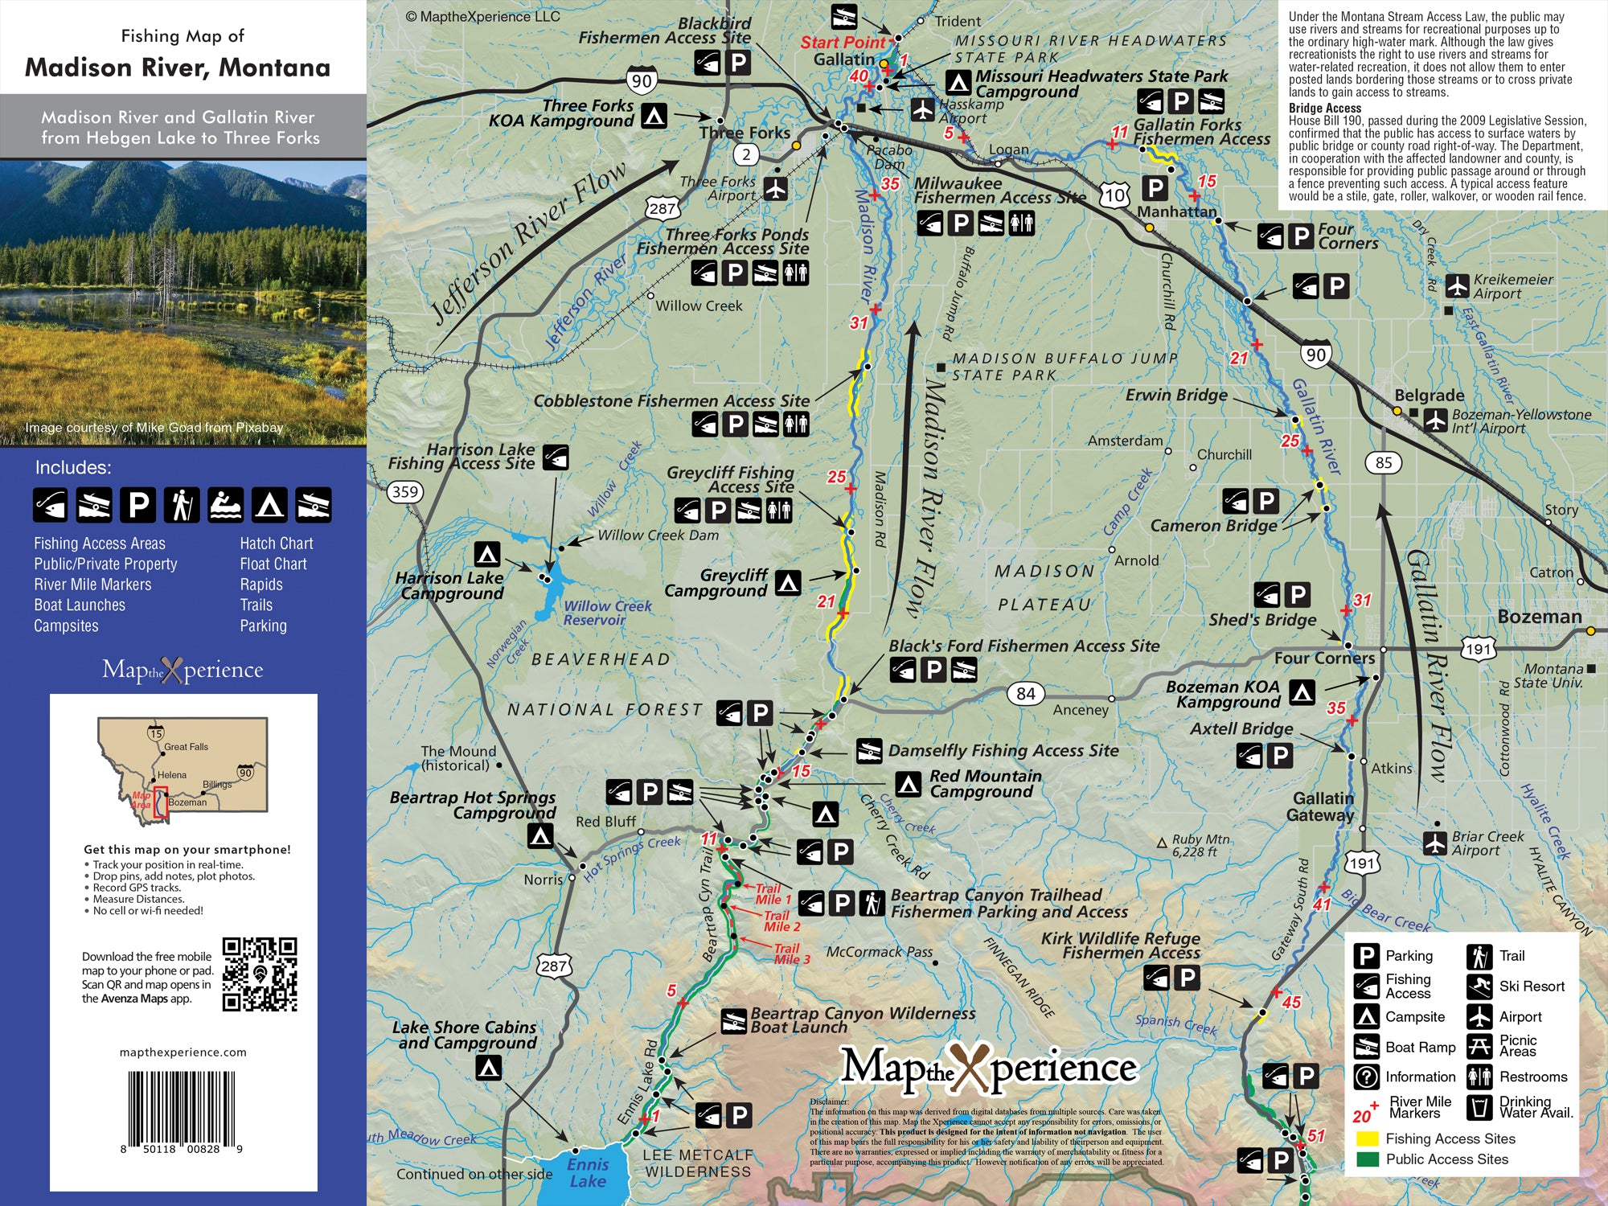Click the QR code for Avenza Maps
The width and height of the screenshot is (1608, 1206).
pyautogui.click(x=260, y=974)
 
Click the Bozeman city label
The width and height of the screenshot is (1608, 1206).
pyautogui.click(x=1539, y=617)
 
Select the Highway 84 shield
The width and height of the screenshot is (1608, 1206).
pyautogui.click(x=1025, y=693)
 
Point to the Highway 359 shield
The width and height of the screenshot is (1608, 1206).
pyautogui.click(x=405, y=491)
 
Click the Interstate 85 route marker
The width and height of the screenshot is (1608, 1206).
pyautogui.click(x=1383, y=462)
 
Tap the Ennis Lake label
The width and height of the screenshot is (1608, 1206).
pyautogui.click(x=588, y=1172)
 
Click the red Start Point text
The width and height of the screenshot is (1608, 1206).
pyautogui.click(x=842, y=42)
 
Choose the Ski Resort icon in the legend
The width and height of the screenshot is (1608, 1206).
pyautogui.click(x=1479, y=986)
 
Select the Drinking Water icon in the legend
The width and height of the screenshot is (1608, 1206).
pyautogui.click(x=1479, y=1107)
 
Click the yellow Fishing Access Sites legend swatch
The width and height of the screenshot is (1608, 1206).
pyautogui.click(x=1368, y=1138)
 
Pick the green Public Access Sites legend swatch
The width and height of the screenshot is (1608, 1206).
pyautogui.click(x=1368, y=1159)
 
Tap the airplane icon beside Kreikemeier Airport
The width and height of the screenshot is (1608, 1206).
pyautogui.click(x=1457, y=285)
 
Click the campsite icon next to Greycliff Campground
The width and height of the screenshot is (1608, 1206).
pyautogui.click(x=788, y=582)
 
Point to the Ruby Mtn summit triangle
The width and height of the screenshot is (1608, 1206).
pyautogui.click(x=1161, y=843)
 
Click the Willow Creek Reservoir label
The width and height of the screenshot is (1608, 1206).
pyautogui.click(x=607, y=613)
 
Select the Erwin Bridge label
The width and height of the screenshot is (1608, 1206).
pyautogui.click(x=1176, y=395)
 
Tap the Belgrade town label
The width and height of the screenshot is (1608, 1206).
pyautogui.click(x=1429, y=396)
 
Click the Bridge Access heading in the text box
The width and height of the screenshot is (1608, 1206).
pyautogui.click(x=1324, y=108)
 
